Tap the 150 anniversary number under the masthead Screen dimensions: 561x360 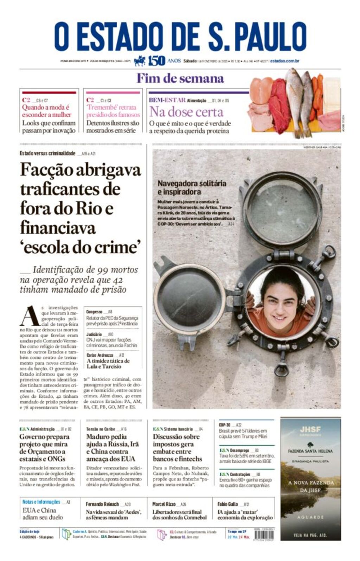click(156, 61)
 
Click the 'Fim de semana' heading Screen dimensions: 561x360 click(180, 78)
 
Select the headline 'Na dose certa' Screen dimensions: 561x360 click(186, 112)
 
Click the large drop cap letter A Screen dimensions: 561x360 click(29, 316)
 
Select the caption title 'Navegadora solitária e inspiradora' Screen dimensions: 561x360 click(192, 187)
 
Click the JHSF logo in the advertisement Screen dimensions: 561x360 click(310, 429)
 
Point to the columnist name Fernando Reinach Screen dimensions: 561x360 click(102, 504)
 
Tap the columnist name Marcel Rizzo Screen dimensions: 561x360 click(164, 504)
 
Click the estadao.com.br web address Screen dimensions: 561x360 click(285, 61)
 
